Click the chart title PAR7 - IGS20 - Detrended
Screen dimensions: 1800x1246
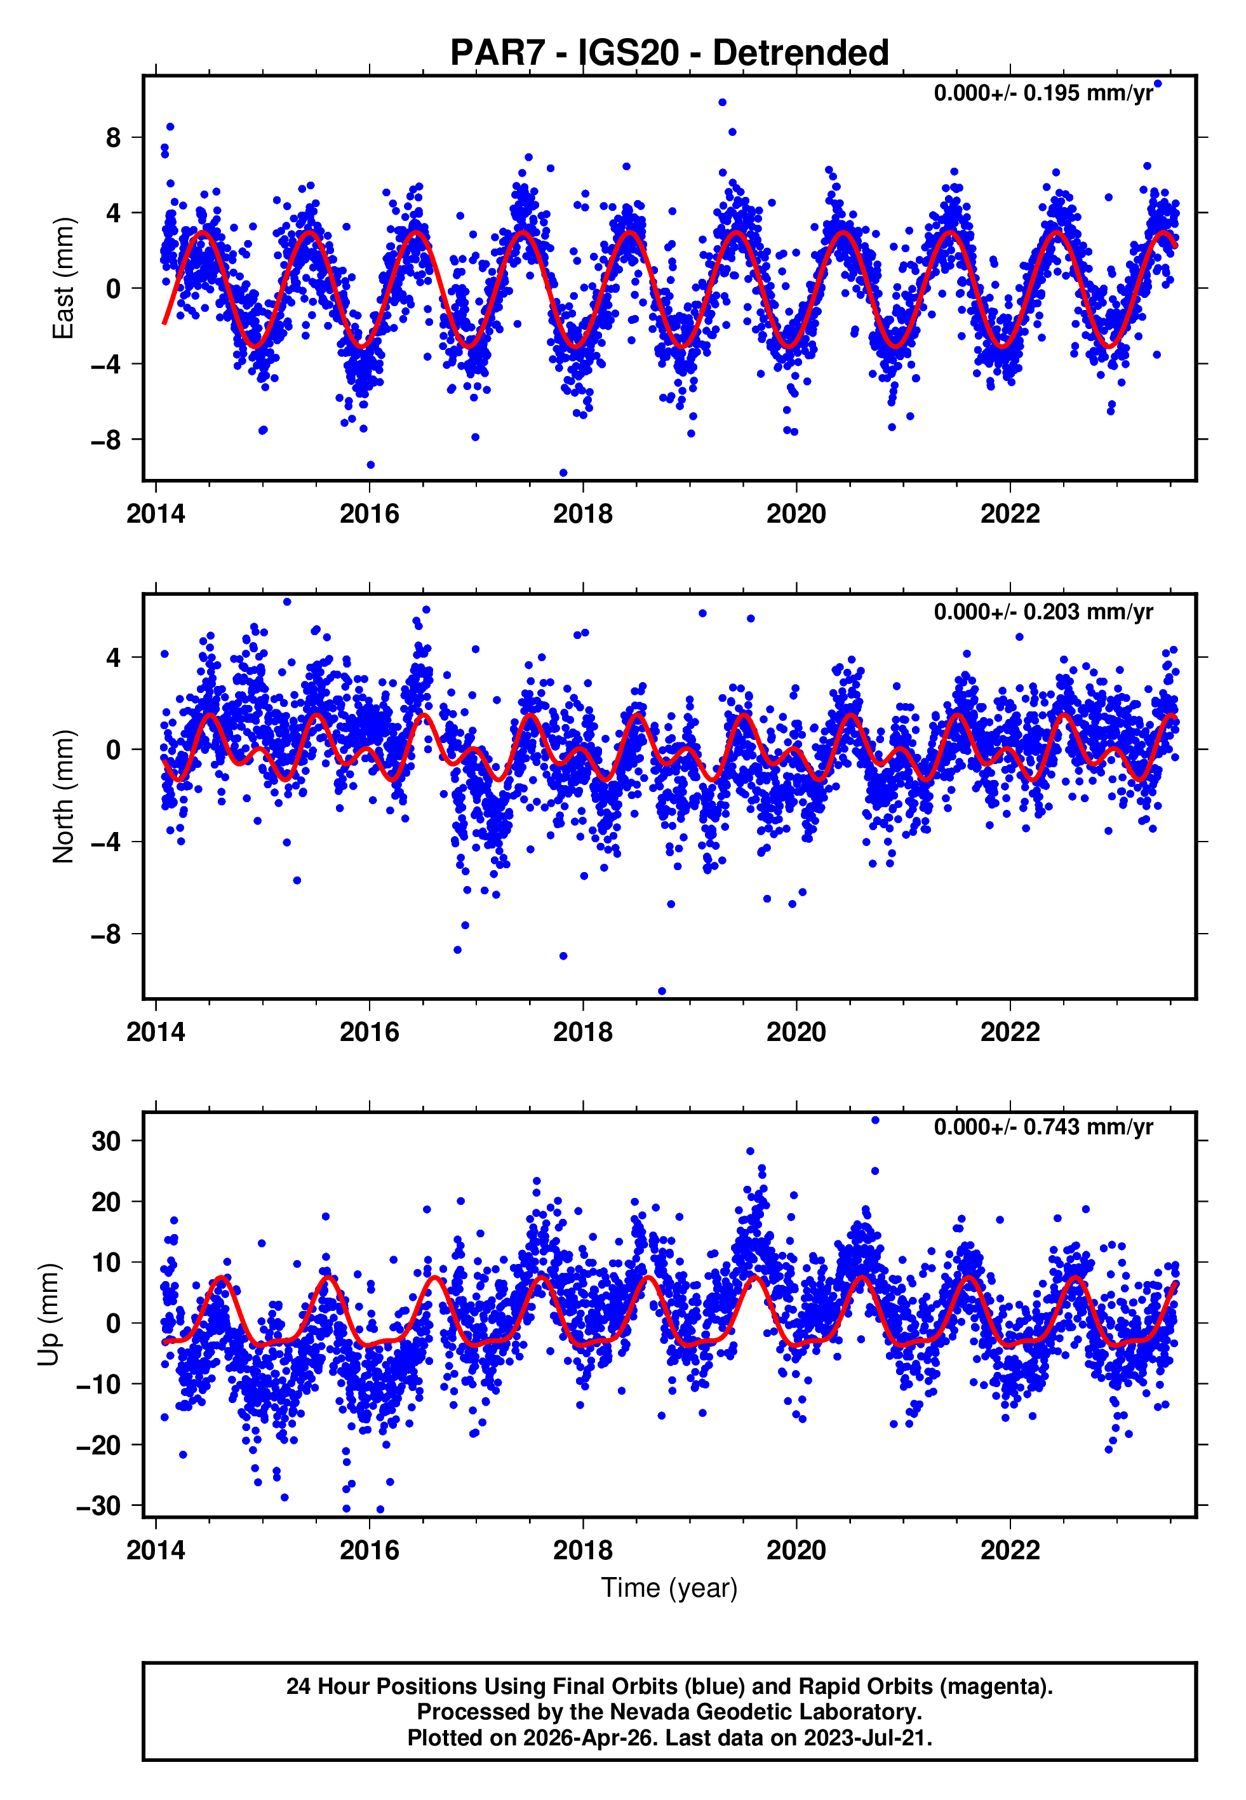669,53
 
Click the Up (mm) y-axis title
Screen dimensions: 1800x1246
48,1313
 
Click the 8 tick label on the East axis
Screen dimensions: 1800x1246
113,138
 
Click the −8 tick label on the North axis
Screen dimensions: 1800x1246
105,934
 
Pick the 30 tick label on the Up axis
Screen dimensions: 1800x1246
106,1141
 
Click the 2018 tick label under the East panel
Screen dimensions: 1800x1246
582,514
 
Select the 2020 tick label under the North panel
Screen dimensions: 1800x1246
796,1032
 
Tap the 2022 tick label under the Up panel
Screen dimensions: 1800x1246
1010,1550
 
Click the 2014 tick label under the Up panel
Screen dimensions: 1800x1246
156,1550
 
